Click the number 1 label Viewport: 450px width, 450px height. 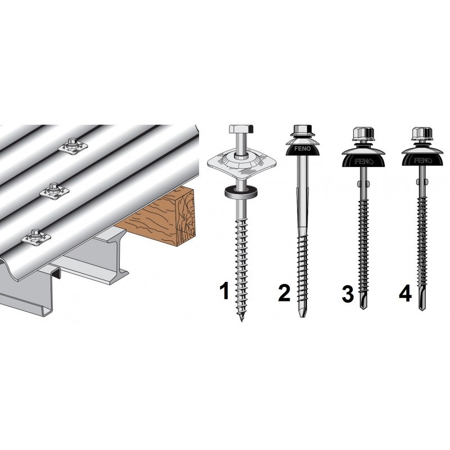[224, 290]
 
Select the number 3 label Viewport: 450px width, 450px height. [348, 294]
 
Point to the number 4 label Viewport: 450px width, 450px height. [406, 294]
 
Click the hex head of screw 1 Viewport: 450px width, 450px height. [241, 129]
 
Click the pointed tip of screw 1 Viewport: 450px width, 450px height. [241, 319]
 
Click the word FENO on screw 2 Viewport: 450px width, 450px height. [303, 148]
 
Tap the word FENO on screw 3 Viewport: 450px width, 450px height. [363, 161]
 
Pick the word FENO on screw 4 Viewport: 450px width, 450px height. [422, 160]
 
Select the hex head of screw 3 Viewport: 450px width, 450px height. [363, 133]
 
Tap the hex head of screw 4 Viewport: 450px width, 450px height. [422, 133]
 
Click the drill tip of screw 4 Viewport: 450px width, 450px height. [421, 301]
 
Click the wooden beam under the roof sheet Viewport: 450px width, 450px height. [161, 217]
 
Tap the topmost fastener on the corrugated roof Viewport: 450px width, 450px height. [72, 146]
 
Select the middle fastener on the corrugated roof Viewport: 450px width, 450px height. [54, 191]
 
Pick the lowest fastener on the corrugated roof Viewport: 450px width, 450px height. [36, 237]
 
